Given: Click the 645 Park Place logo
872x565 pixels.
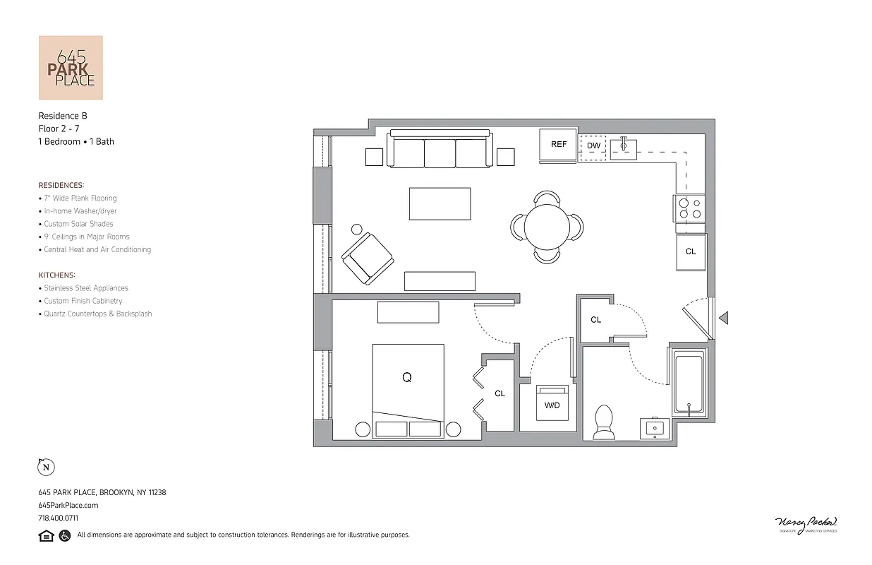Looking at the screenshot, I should click(71, 68).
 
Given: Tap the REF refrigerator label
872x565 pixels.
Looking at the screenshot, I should click(559, 145).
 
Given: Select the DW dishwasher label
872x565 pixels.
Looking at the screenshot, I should click(593, 146).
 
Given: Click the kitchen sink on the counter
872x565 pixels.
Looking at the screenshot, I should click(624, 148).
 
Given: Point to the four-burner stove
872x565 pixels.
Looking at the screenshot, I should click(690, 208).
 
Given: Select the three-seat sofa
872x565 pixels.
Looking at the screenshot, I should click(440, 149).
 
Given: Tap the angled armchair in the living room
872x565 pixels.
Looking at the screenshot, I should click(367, 257).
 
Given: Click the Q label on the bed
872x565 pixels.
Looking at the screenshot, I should click(407, 378).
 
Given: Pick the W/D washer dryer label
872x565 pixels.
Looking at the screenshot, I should click(552, 405).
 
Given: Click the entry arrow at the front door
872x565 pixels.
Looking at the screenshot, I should click(723, 319).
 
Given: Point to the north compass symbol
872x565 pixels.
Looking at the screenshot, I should click(46, 467).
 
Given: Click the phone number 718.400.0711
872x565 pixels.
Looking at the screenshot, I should click(58, 518).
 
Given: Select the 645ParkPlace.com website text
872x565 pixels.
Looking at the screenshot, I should click(68, 506).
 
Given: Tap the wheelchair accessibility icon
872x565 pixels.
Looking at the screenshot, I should click(64, 535).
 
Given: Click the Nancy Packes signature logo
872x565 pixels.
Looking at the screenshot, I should click(806, 524).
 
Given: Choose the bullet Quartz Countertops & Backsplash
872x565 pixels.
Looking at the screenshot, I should click(97, 314).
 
